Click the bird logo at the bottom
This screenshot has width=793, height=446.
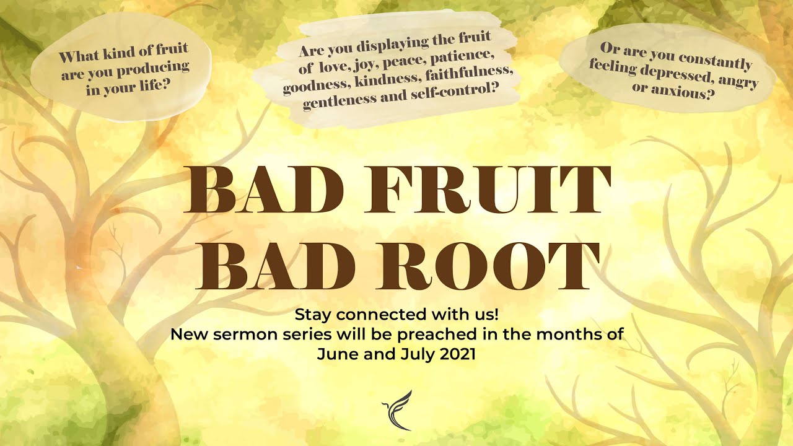[397, 409]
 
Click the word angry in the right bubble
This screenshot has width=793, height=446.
[737, 81]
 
